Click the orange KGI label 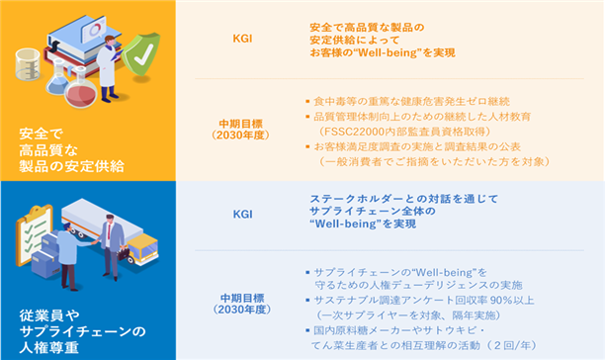pos(242,39)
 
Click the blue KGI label pos(242,215)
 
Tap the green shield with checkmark pos(140,54)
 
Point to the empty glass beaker pos(28,64)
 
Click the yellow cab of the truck pos(143,248)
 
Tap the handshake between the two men pos(94,242)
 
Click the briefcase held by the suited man pos(124,253)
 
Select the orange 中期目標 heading pos(241,124)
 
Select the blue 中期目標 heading pos(242,298)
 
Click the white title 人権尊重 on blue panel pos(49,348)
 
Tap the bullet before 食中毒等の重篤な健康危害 pos(307,102)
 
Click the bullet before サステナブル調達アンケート pos(307,301)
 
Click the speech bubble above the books pos(94,28)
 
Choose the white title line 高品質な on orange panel pos(48,150)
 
